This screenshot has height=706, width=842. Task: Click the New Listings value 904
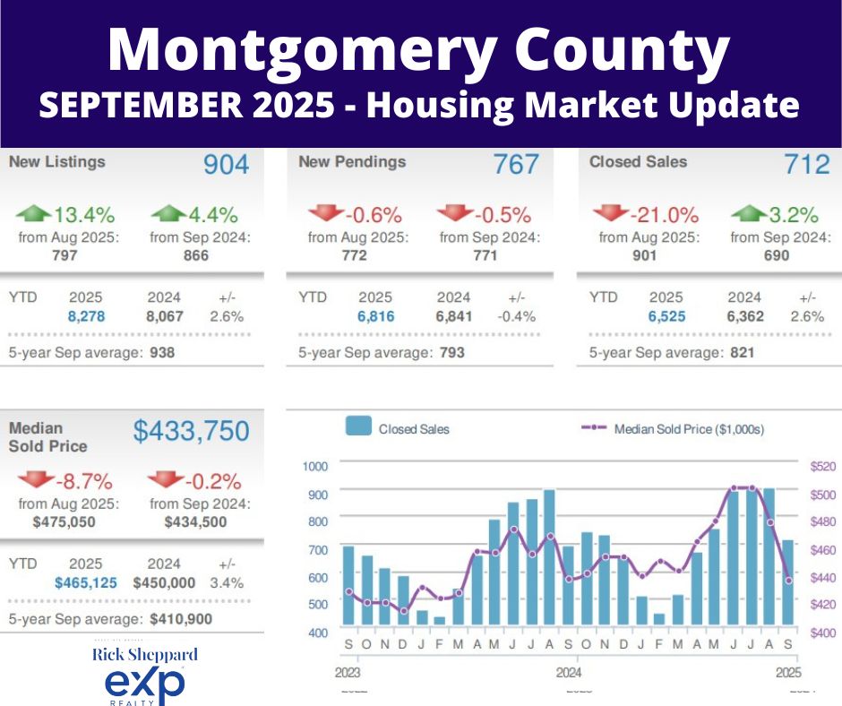pyautogui.click(x=226, y=165)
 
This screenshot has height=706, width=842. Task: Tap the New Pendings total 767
pyautogui.click(x=516, y=165)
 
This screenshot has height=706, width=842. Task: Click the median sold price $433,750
pyautogui.click(x=191, y=432)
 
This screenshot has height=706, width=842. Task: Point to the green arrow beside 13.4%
pyautogui.click(x=34, y=214)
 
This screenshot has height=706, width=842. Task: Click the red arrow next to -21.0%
pyautogui.click(x=610, y=214)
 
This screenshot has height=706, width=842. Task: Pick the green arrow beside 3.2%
pyautogui.click(x=748, y=214)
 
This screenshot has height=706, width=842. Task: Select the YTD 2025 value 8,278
pyautogui.click(x=86, y=315)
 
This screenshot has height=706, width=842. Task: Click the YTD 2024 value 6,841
pyautogui.click(x=454, y=315)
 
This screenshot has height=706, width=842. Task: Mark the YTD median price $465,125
pyautogui.click(x=86, y=582)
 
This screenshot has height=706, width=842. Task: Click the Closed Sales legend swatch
pyautogui.click(x=358, y=428)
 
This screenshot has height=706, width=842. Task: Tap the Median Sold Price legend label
pyautogui.click(x=689, y=429)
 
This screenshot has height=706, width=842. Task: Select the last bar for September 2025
pyautogui.click(x=787, y=581)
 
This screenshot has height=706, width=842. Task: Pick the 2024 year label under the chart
pyautogui.click(x=568, y=671)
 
